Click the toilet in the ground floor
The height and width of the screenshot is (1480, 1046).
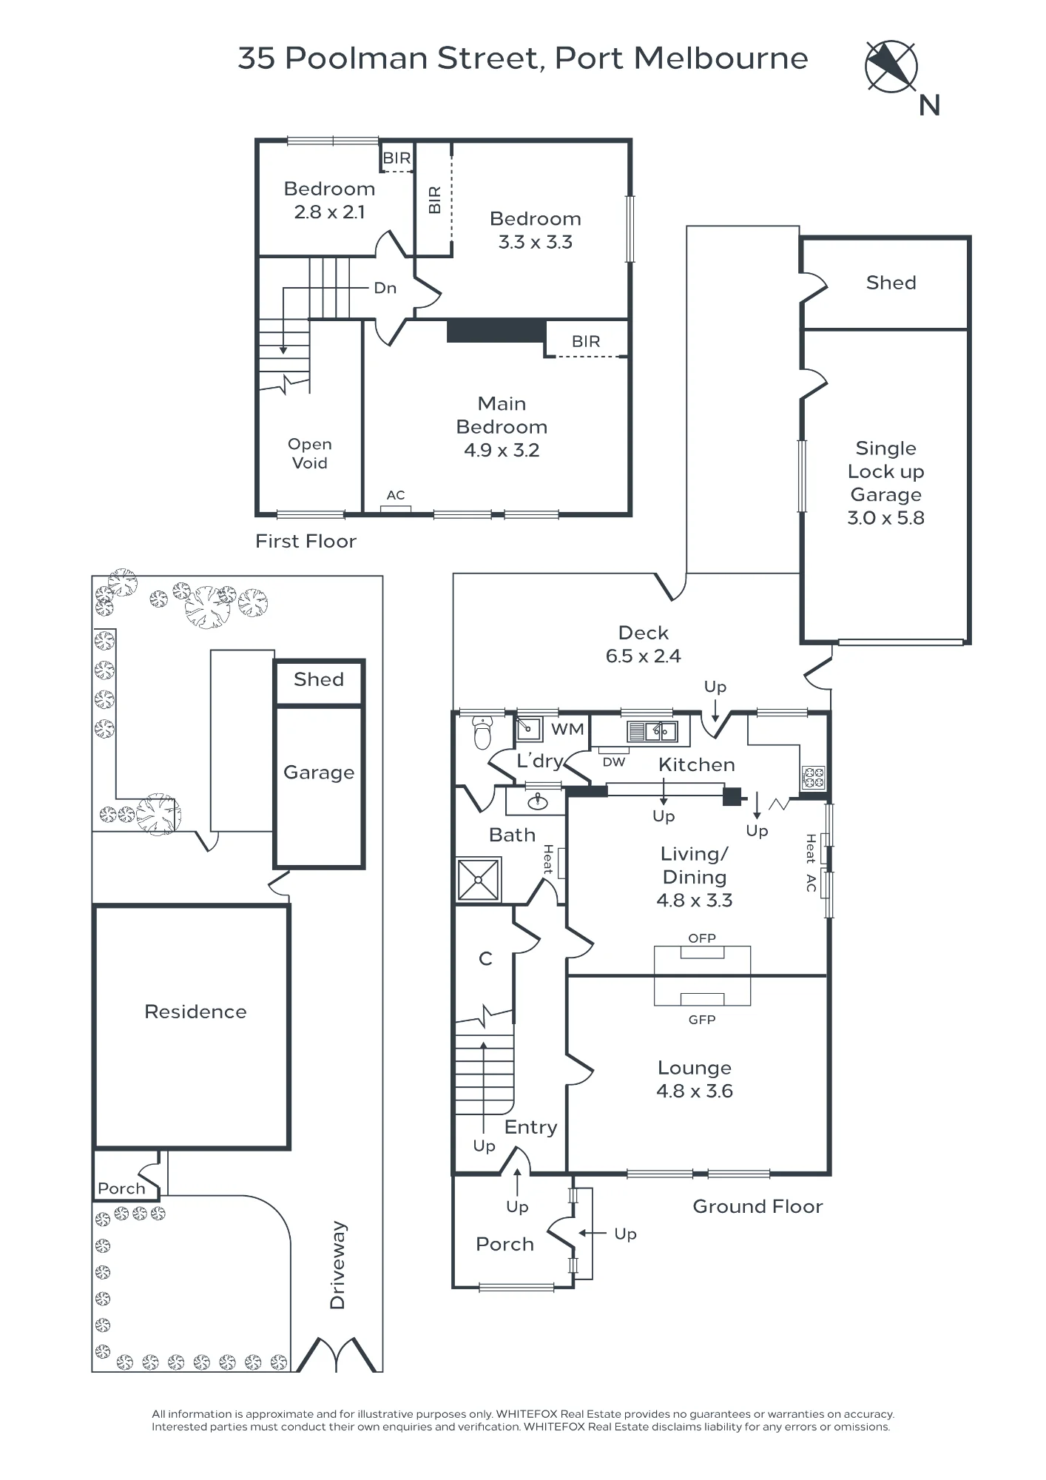[x=482, y=733]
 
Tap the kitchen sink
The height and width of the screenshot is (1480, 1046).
[x=652, y=731]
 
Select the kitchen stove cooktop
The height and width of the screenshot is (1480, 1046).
[x=814, y=778]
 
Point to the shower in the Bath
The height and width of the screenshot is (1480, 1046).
[x=479, y=880]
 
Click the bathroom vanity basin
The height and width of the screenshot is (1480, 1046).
[x=537, y=801]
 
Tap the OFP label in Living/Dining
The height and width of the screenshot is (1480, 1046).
[x=702, y=938]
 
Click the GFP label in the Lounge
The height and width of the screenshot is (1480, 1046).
[x=702, y=1020]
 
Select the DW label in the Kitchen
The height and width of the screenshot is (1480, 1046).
[x=614, y=762]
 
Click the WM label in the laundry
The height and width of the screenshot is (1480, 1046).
[x=567, y=729]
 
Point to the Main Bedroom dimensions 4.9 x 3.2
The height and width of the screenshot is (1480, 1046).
[x=502, y=450]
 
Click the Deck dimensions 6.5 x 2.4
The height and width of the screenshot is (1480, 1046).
[x=644, y=656]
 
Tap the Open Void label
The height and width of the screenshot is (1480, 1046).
[x=309, y=454]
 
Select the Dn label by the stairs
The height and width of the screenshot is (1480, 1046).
[x=385, y=288]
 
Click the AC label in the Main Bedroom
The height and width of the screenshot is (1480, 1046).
[x=396, y=495]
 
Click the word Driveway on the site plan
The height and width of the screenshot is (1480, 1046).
[x=337, y=1265]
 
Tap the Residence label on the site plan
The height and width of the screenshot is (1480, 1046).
[x=195, y=1012]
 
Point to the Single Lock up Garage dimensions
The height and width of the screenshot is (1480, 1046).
[x=885, y=518]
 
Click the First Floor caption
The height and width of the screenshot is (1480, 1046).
[x=306, y=541]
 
